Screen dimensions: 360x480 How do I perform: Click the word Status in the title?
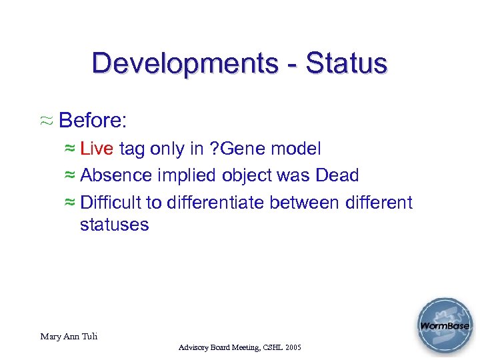coord(346,63)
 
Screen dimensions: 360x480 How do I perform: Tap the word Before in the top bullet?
coord(93,121)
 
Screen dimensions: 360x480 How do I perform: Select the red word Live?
coord(97,149)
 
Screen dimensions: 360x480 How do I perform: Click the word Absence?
coord(116,175)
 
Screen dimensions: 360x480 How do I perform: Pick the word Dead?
coord(337,175)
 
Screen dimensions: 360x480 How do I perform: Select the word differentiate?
coord(219,202)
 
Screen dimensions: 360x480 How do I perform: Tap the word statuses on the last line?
coord(114,225)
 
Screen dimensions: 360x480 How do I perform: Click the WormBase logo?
coord(444,326)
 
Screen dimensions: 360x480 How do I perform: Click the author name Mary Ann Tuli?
coord(69,336)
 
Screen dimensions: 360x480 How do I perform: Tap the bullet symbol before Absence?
coord(70,176)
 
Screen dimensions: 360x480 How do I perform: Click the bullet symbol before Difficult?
coord(70,203)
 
